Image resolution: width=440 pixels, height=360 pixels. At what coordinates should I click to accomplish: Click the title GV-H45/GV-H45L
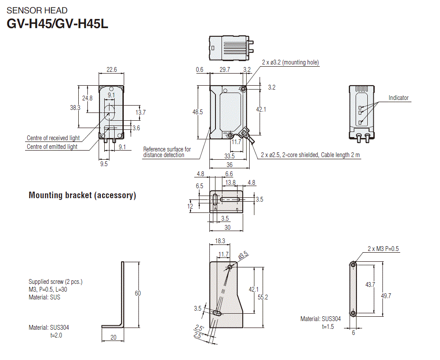click(x=57, y=23)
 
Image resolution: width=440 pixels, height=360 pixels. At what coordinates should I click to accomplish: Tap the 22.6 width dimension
click(x=112, y=70)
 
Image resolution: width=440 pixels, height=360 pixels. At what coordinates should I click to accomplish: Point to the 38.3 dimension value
click(x=75, y=108)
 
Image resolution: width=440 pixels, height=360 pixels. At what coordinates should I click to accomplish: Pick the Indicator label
click(x=398, y=98)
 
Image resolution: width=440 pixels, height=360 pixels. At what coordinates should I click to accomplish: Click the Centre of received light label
click(x=53, y=138)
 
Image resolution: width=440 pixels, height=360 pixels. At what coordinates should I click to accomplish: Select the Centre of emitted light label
click(x=52, y=147)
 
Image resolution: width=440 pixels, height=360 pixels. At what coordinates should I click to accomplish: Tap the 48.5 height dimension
click(x=197, y=112)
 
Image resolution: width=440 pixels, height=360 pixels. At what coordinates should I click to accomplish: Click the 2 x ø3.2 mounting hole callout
click(x=290, y=62)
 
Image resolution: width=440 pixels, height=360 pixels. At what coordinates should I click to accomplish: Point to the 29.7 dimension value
click(x=225, y=70)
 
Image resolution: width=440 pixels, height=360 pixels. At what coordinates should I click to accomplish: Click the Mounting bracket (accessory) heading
click(x=82, y=195)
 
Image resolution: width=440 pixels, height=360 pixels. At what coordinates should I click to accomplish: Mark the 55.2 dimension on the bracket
click(x=263, y=297)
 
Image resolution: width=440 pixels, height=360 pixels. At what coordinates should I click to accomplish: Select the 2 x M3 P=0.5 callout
click(x=383, y=249)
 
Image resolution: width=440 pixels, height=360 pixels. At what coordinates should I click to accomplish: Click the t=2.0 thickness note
click(x=56, y=335)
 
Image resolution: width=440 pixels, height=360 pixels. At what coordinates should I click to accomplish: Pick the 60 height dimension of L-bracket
click(x=138, y=293)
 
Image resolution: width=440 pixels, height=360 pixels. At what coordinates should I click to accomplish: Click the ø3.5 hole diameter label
click(x=243, y=255)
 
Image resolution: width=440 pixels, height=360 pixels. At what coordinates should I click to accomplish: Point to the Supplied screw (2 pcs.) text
click(x=55, y=282)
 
